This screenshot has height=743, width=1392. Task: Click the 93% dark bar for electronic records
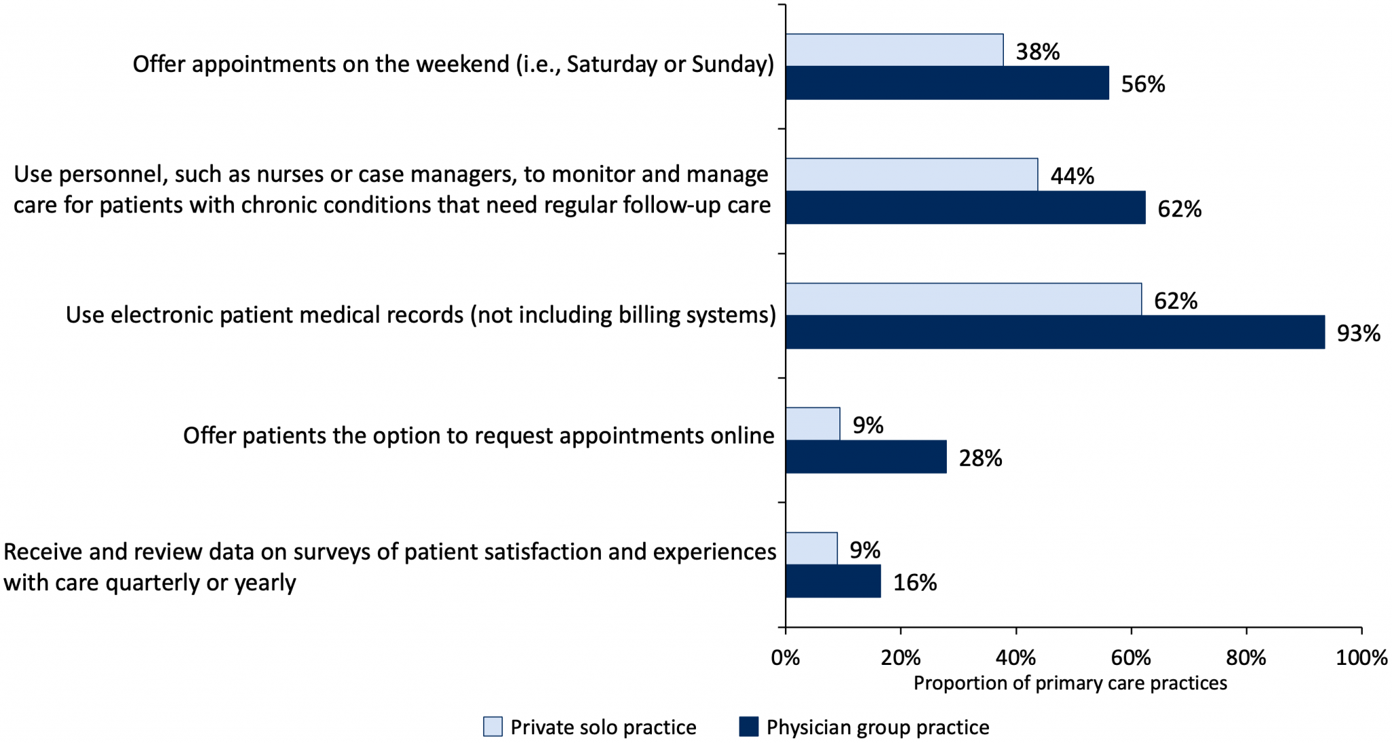click(1055, 332)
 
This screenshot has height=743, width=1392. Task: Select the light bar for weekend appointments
click(894, 50)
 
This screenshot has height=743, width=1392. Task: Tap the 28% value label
click(980, 458)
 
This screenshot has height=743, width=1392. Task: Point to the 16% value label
click(914, 583)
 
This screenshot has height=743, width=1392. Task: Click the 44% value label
click(1072, 177)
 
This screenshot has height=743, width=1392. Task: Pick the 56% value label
click(1143, 84)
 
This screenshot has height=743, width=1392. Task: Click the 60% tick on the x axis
click(1131, 657)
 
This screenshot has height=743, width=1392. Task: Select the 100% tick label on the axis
click(1361, 657)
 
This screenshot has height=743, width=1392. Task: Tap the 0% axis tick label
click(786, 657)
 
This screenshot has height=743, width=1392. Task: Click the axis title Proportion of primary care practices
click(1070, 683)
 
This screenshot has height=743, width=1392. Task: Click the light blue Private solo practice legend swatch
click(493, 727)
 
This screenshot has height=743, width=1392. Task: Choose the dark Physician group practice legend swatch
click(748, 727)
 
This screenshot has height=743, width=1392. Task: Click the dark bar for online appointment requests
click(866, 456)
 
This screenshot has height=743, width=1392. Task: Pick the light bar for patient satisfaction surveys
click(812, 549)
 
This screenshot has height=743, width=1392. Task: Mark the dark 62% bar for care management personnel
click(965, 207)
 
